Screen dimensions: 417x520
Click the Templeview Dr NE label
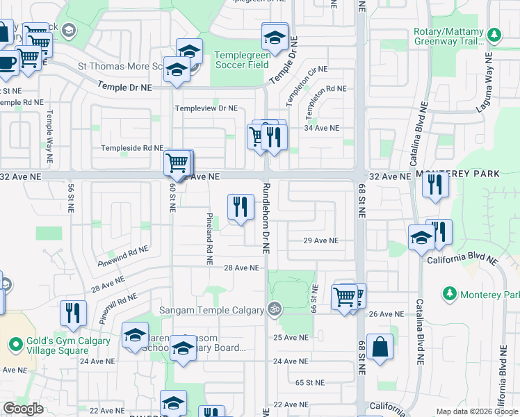click(206, 108)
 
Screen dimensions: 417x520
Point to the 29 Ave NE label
click(320, 240)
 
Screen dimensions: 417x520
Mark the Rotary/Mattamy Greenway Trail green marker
click(495, 35)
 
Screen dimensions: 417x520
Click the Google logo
click(23, 409)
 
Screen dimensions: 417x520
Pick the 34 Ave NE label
click(322, 128)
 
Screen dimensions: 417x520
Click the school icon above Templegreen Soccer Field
click(275, 36)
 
